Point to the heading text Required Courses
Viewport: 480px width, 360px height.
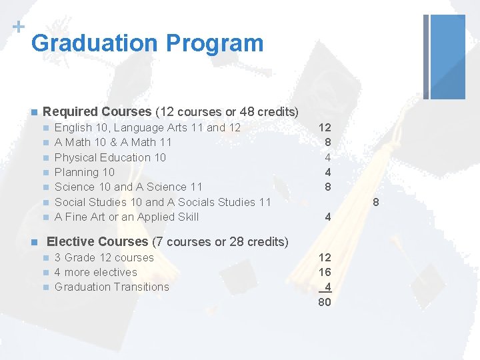97,111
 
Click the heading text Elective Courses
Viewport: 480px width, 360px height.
97,241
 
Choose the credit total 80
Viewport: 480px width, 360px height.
325,302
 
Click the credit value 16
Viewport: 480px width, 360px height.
325,272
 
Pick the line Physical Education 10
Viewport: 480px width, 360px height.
110,157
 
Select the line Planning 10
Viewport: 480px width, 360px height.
84,172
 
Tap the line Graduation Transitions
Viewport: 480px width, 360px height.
112,287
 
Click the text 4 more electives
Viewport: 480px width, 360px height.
95,272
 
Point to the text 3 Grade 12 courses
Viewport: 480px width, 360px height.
104,257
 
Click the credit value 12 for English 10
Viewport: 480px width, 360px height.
325,127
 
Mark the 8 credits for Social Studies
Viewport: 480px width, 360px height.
375,202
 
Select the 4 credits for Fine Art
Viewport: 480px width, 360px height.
327,217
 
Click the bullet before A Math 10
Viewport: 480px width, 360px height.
45,143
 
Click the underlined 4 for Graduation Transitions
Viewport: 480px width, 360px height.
327,287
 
